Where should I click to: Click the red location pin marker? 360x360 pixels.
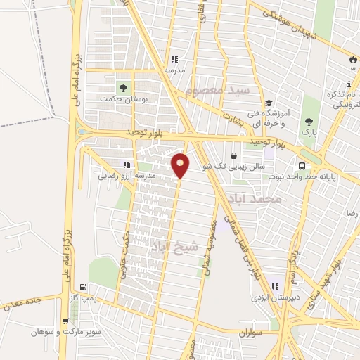tap(181, 165)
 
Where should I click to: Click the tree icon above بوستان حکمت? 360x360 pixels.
tap(123, 89)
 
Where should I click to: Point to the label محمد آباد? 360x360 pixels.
tap(261, 200)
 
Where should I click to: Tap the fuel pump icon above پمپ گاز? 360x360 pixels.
tap(84, 287)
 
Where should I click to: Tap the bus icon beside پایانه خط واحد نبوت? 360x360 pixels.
tap(302, 167)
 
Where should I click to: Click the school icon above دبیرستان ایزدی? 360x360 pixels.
tap(275, 286)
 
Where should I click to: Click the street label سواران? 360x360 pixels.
tap(250, 331)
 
